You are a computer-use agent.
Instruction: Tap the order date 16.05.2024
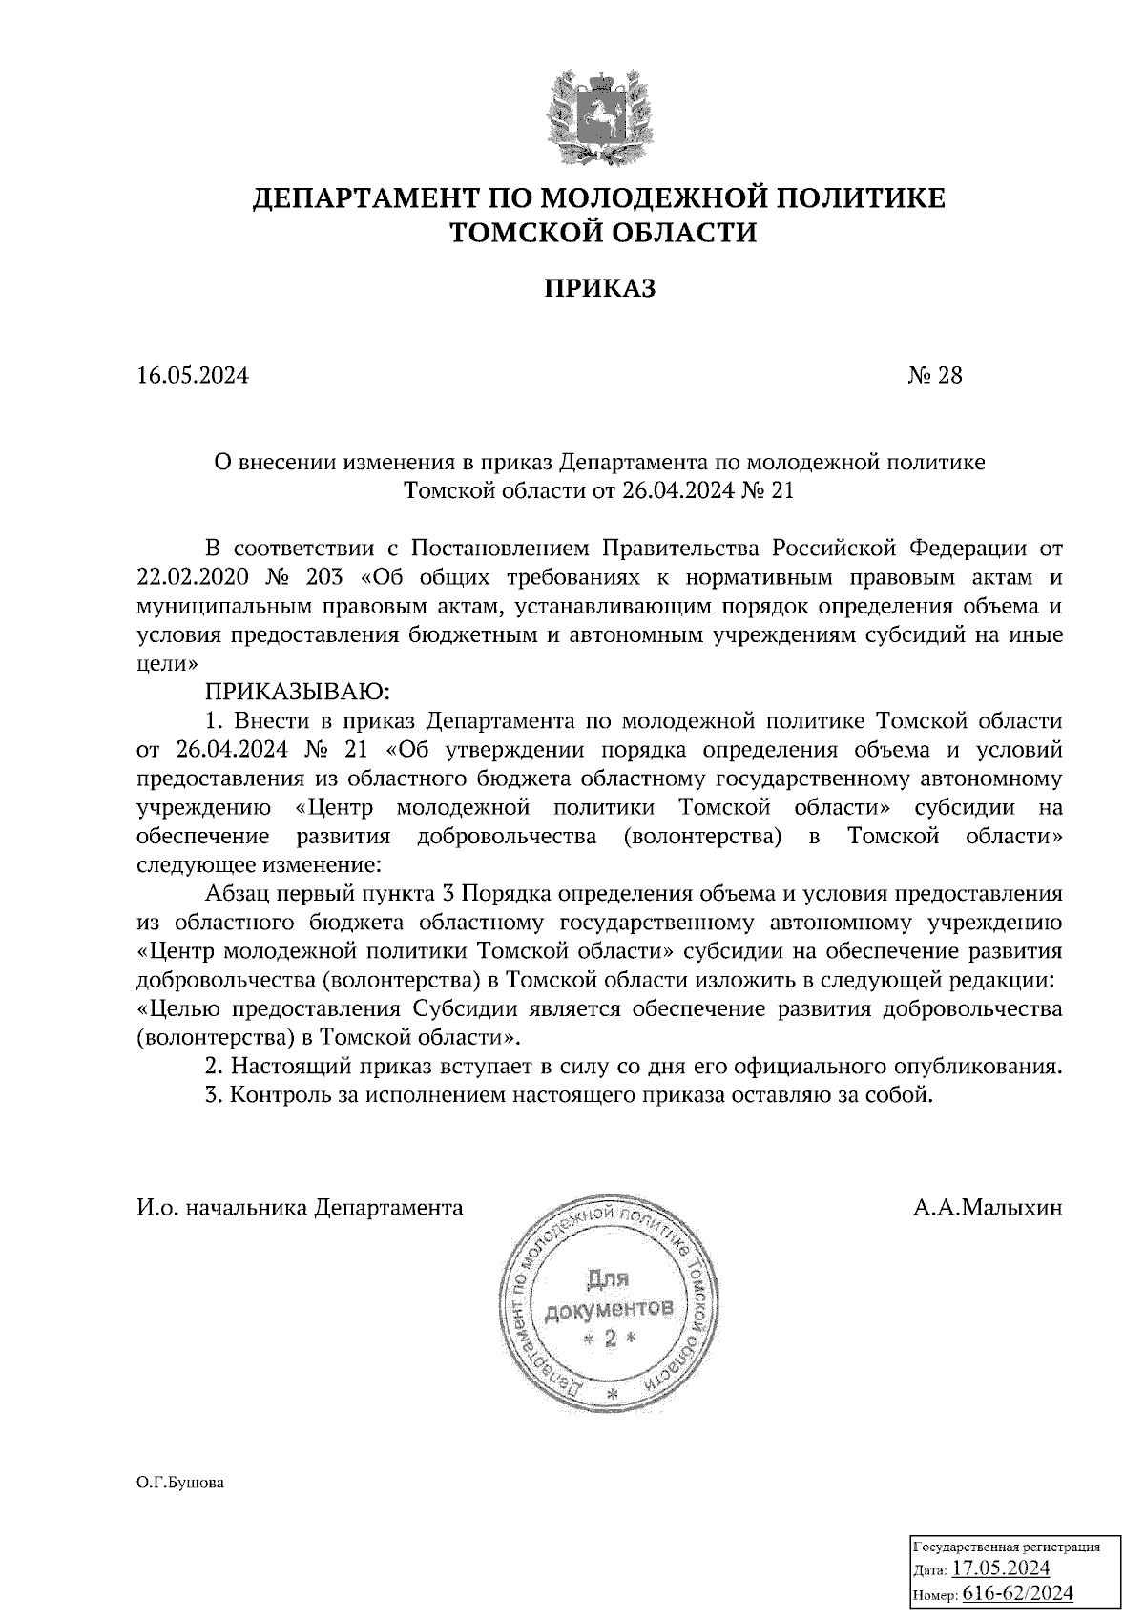click(193, 376)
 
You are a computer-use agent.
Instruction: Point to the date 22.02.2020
click(193, 578)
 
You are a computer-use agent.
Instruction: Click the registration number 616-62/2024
click(1017, 1593)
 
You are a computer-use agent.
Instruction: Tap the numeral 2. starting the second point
click(214, 1066)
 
